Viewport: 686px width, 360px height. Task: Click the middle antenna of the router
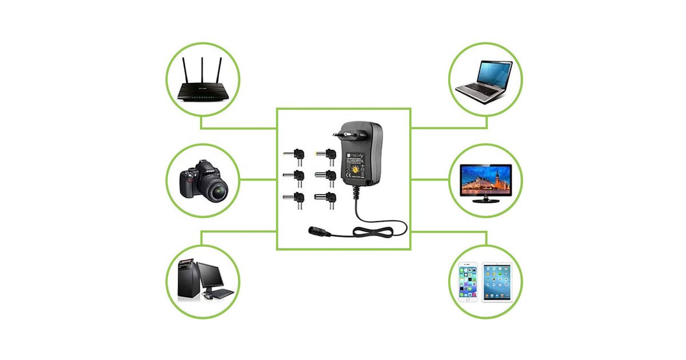(201, 67)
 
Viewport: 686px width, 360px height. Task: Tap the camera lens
(217, 190)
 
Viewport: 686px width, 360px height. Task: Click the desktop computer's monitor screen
(214, 276)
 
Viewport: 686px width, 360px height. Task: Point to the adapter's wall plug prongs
(339, 133)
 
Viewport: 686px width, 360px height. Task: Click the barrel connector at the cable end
(317, 231)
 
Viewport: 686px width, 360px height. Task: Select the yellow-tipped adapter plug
(325, 154)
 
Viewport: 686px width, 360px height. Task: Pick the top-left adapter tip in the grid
(294, 154)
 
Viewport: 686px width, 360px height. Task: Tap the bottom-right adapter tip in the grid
(325, 198)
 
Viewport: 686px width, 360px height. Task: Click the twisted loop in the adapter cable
(372, 231)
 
